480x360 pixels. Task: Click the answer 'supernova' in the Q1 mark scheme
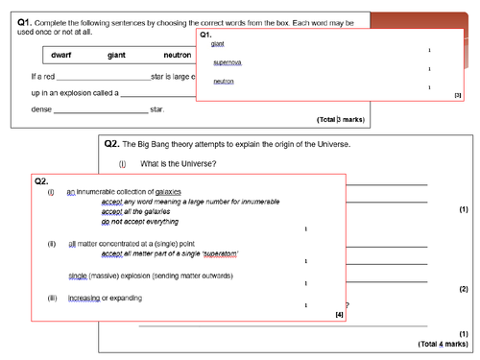[x=228, y=62]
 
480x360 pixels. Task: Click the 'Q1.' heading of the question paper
[x=28, y=21]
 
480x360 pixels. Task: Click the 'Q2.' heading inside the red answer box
[x=41, y=180]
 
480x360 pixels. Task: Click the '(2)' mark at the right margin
[x=463, y=289]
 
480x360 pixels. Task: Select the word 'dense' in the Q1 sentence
[x=41, y=108]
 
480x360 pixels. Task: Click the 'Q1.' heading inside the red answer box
[x=204, y=34]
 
